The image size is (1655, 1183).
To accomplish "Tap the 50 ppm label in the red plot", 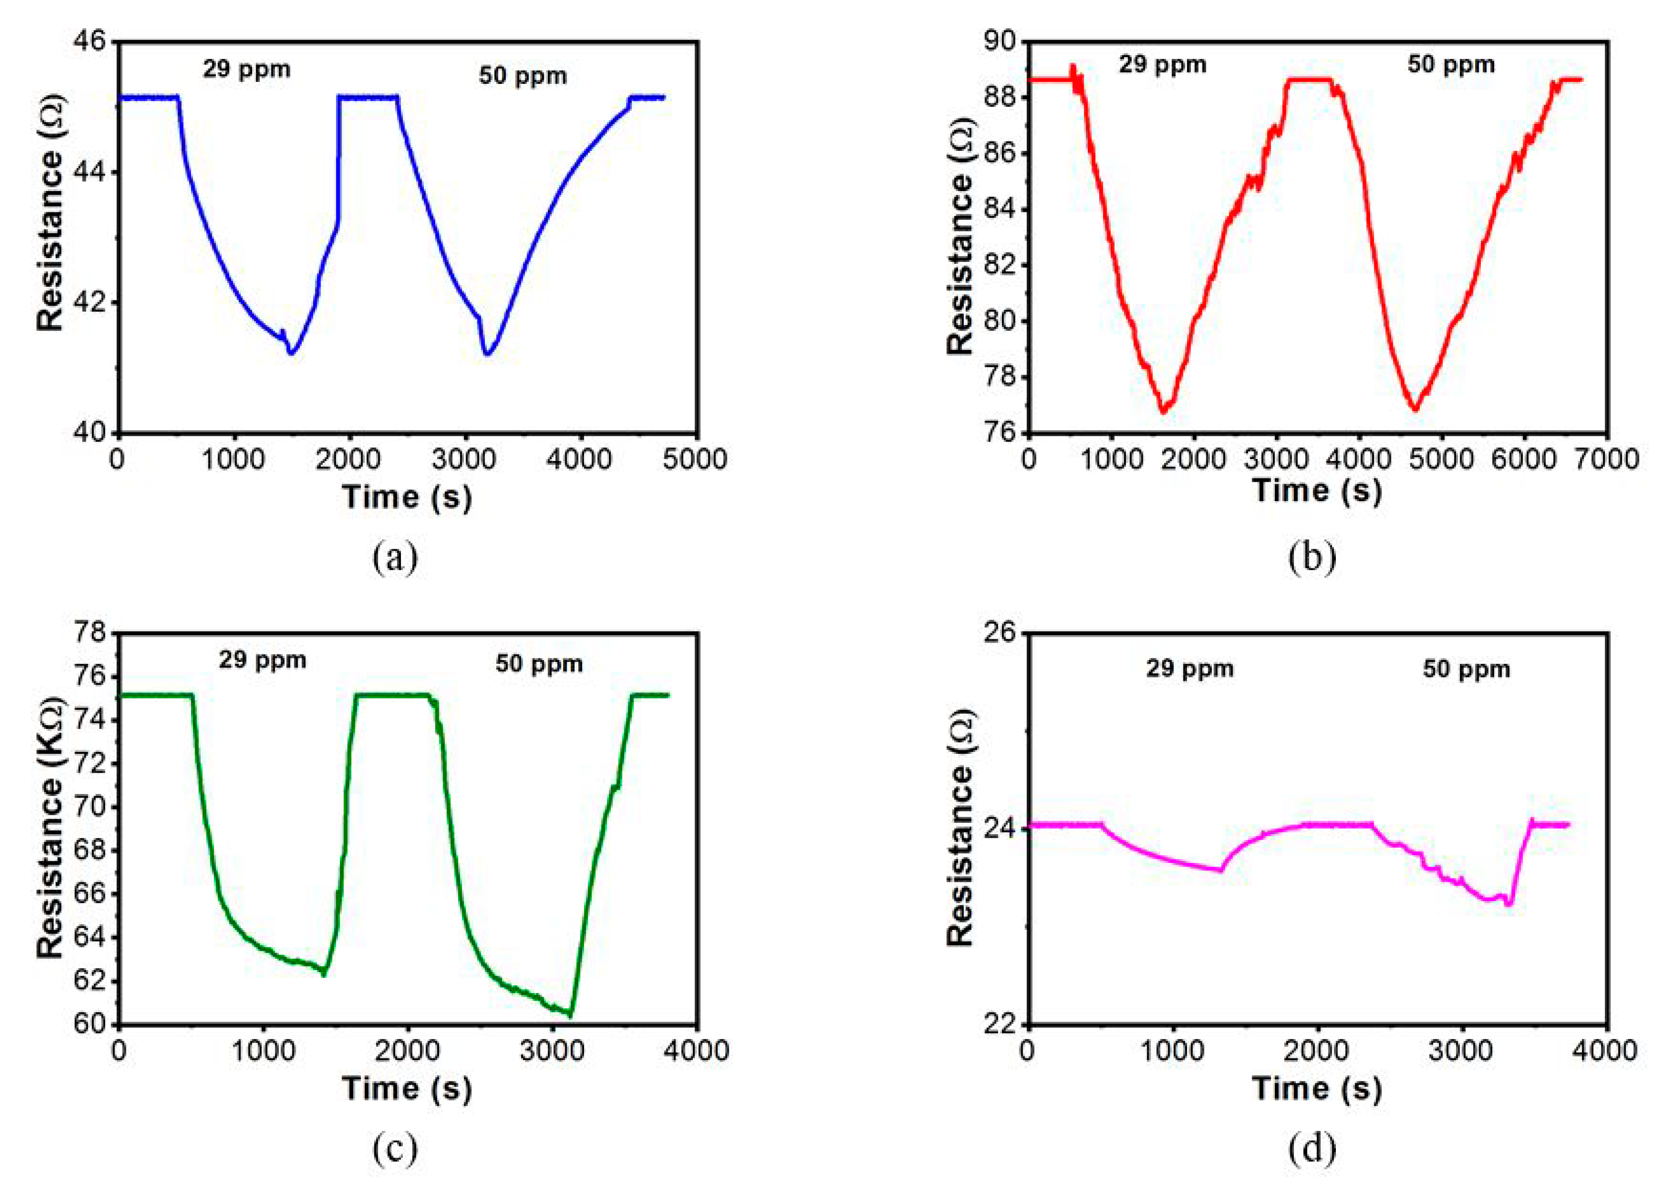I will coord(1451,65).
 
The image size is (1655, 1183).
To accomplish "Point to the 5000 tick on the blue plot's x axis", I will coord(697,460).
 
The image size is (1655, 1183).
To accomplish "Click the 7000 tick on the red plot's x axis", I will coord(1608,460).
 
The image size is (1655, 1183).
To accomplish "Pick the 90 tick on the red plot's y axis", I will coord(999,42).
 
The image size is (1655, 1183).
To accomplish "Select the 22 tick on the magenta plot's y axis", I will coord(999,1024).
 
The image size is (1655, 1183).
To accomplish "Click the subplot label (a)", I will coord(395,557).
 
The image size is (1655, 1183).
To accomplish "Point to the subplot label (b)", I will coord(1312,557).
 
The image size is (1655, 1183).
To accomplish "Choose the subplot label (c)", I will coord(395,1149).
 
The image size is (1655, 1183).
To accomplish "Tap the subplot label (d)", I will coord(1312,1149).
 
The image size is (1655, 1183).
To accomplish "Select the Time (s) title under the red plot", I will coord(1317,490).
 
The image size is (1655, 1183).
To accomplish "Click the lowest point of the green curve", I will coord(570,1015).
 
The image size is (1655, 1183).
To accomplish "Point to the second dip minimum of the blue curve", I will coord(487,355).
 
